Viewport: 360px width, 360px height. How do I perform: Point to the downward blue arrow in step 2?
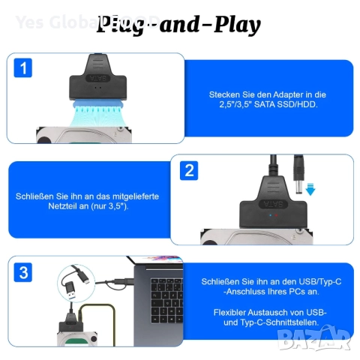[x=310, y=190]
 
